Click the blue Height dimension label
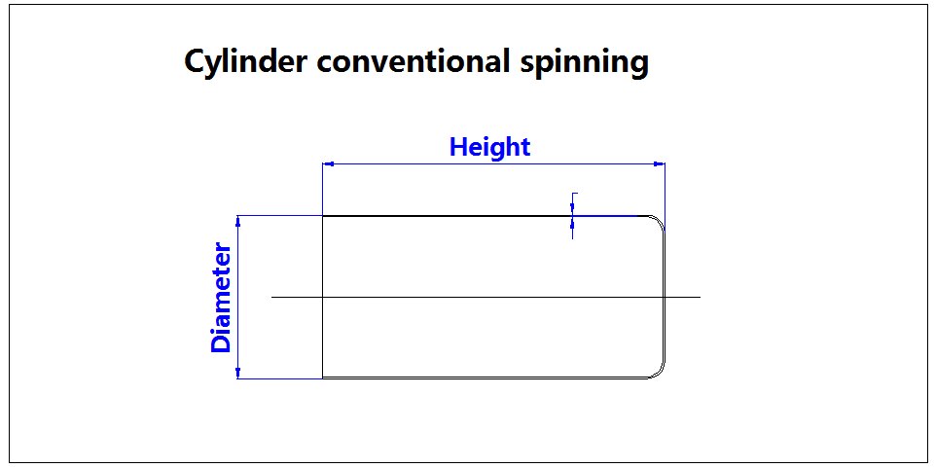click(489, 147)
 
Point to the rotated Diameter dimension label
click(222, 297)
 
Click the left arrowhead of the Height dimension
click(328, 164)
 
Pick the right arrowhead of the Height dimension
click(659, 164)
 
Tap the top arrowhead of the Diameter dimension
click(239, 222)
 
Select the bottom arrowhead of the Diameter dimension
click(239, 372)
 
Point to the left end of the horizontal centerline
click(272, 296)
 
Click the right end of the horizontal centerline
click(699, 296)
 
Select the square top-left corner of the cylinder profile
click(323, 216)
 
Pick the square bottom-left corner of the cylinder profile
click(323, 378)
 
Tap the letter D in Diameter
click(222, 342)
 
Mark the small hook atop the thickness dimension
click(575, 195)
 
